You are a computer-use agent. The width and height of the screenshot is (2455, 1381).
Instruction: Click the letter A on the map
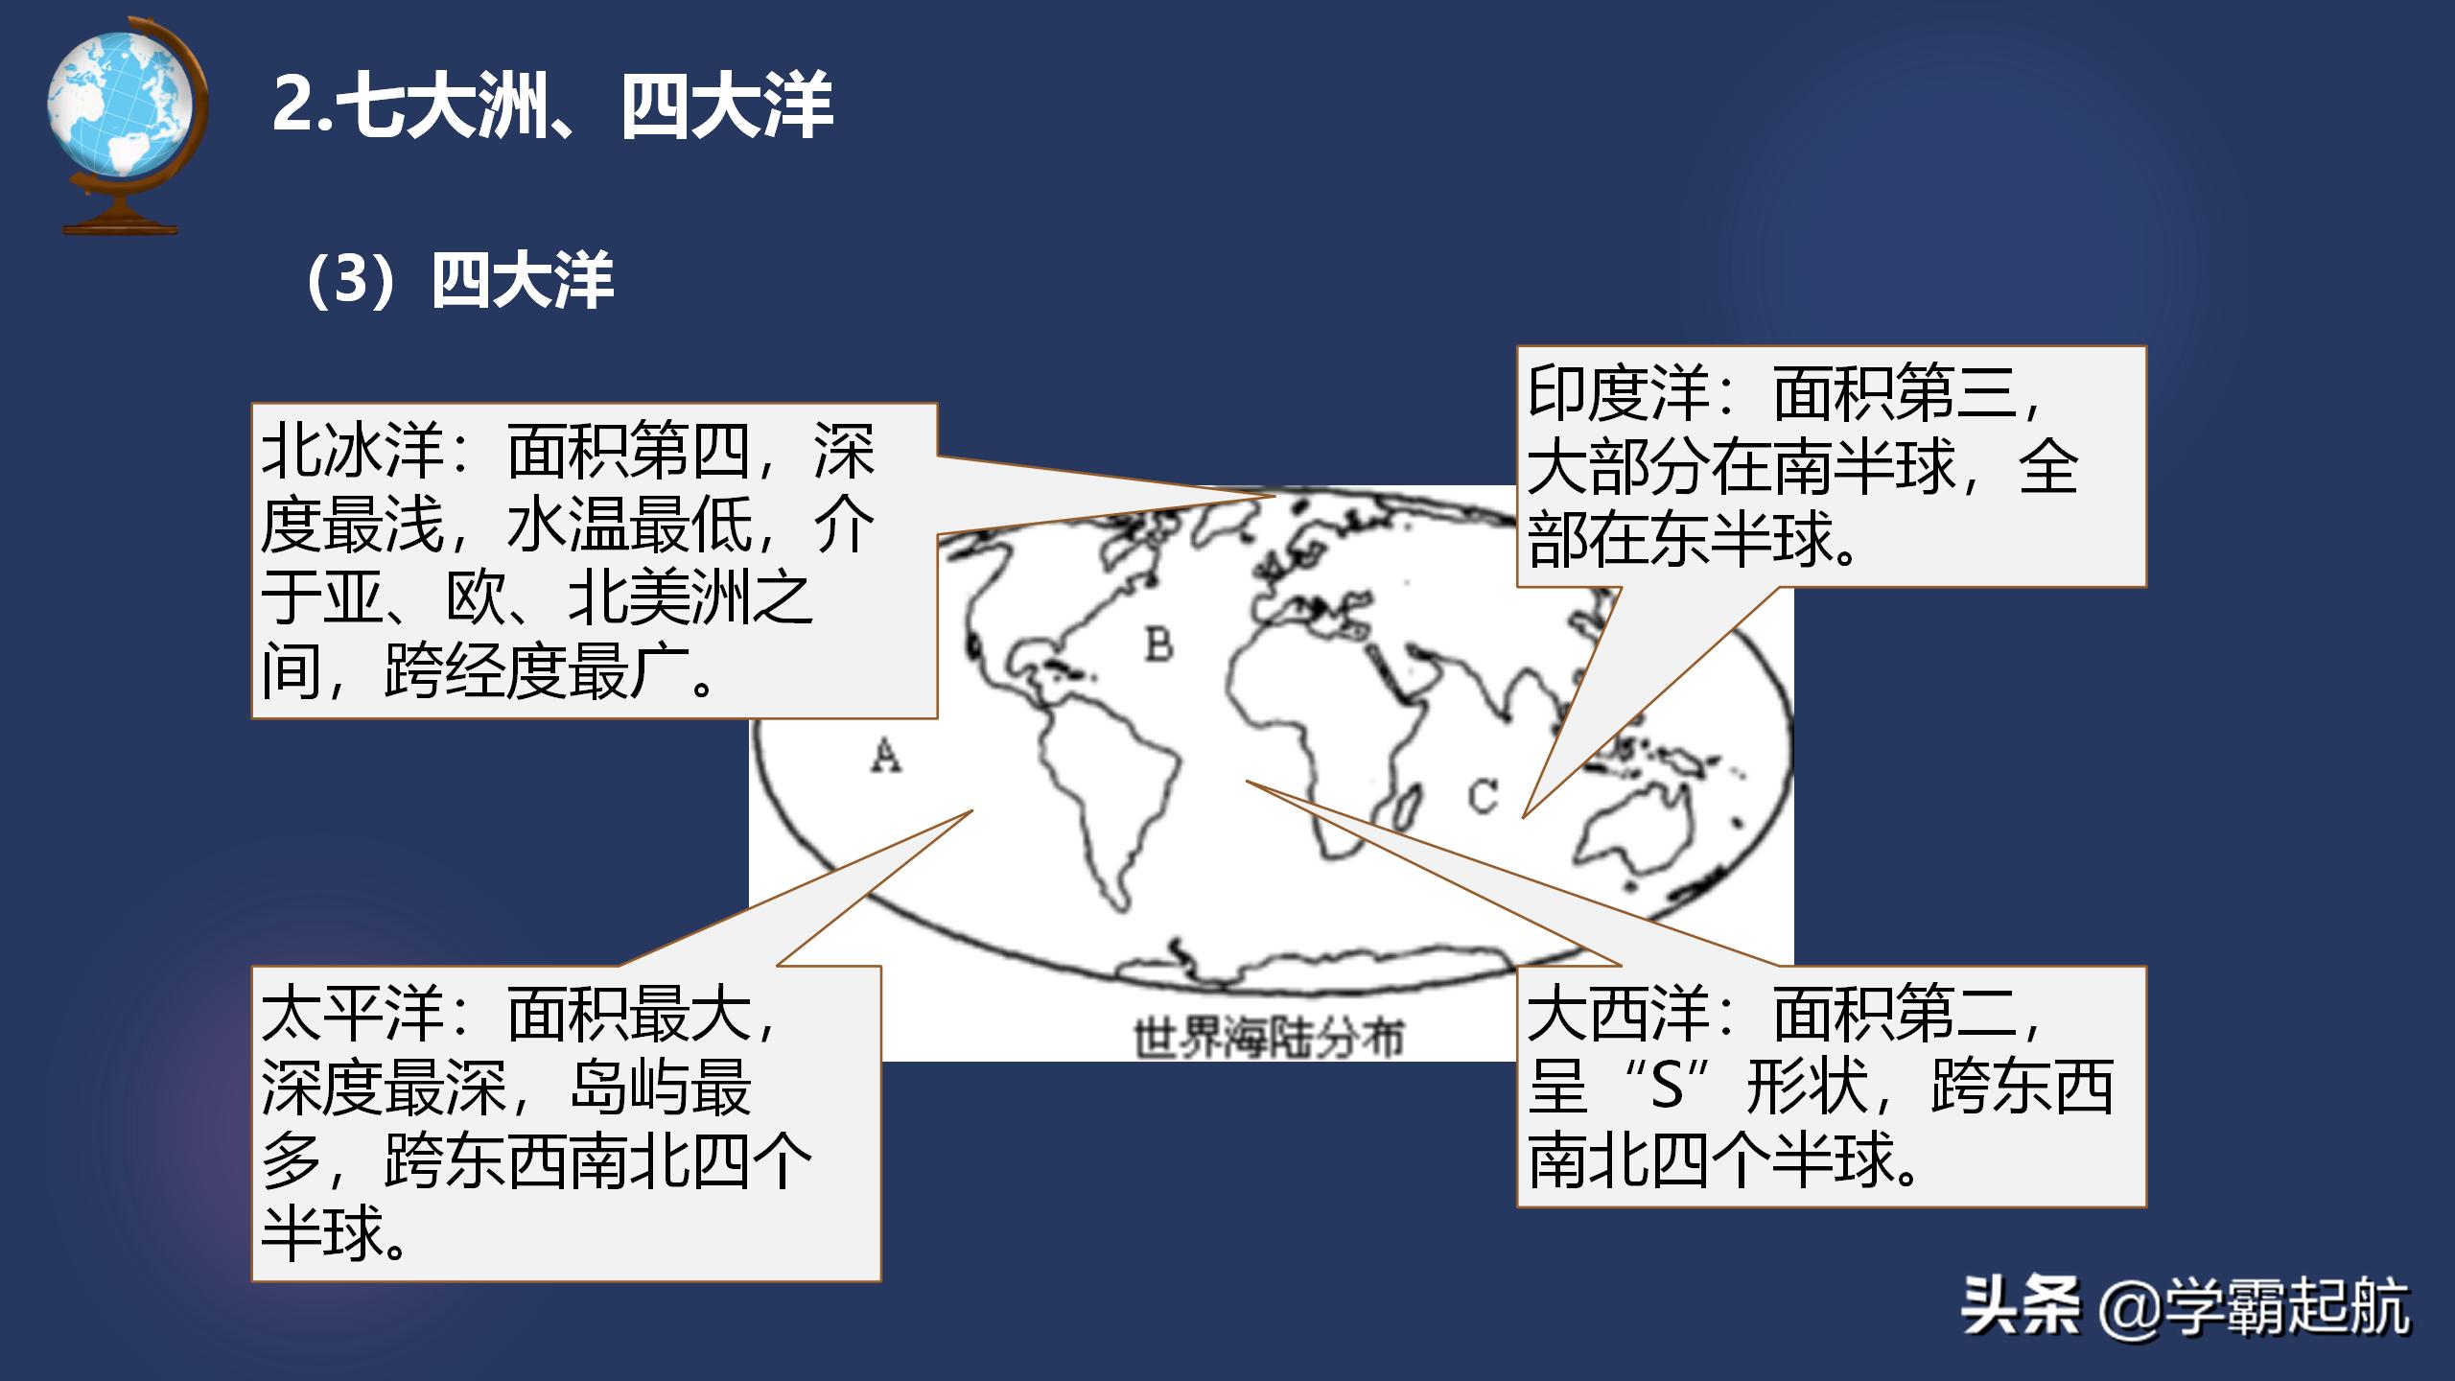click(x=886, y=756)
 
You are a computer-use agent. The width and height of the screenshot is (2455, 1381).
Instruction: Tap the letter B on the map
click(x=1159, y=644)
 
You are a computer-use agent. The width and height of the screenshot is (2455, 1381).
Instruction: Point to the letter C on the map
click(x=1482, y=796)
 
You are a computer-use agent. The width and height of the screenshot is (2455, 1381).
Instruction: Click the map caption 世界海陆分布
click(x=1268, y=1039)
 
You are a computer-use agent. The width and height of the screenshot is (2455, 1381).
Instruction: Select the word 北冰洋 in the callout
click(x=352, y=452)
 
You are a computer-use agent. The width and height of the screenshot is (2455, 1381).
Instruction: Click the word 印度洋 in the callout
click(x=1618, y=393)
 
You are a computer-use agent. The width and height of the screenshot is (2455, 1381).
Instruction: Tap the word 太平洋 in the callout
click(x=352, y=1015)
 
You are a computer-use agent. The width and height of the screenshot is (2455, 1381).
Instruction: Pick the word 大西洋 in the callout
click(x=1618, y=1015)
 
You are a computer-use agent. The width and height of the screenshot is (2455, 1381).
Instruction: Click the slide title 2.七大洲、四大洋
click(x=552, y=105)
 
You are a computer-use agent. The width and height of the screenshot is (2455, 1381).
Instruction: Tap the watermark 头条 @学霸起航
click(x=2185, y=1307)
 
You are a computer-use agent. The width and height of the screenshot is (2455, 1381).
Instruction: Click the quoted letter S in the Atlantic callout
click(x=1667, y=1088)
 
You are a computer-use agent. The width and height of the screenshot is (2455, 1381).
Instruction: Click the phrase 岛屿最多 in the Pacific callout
click(x=662, y=1088)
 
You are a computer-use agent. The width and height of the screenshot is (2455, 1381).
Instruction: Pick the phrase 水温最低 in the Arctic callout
click(x=629, y=526)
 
